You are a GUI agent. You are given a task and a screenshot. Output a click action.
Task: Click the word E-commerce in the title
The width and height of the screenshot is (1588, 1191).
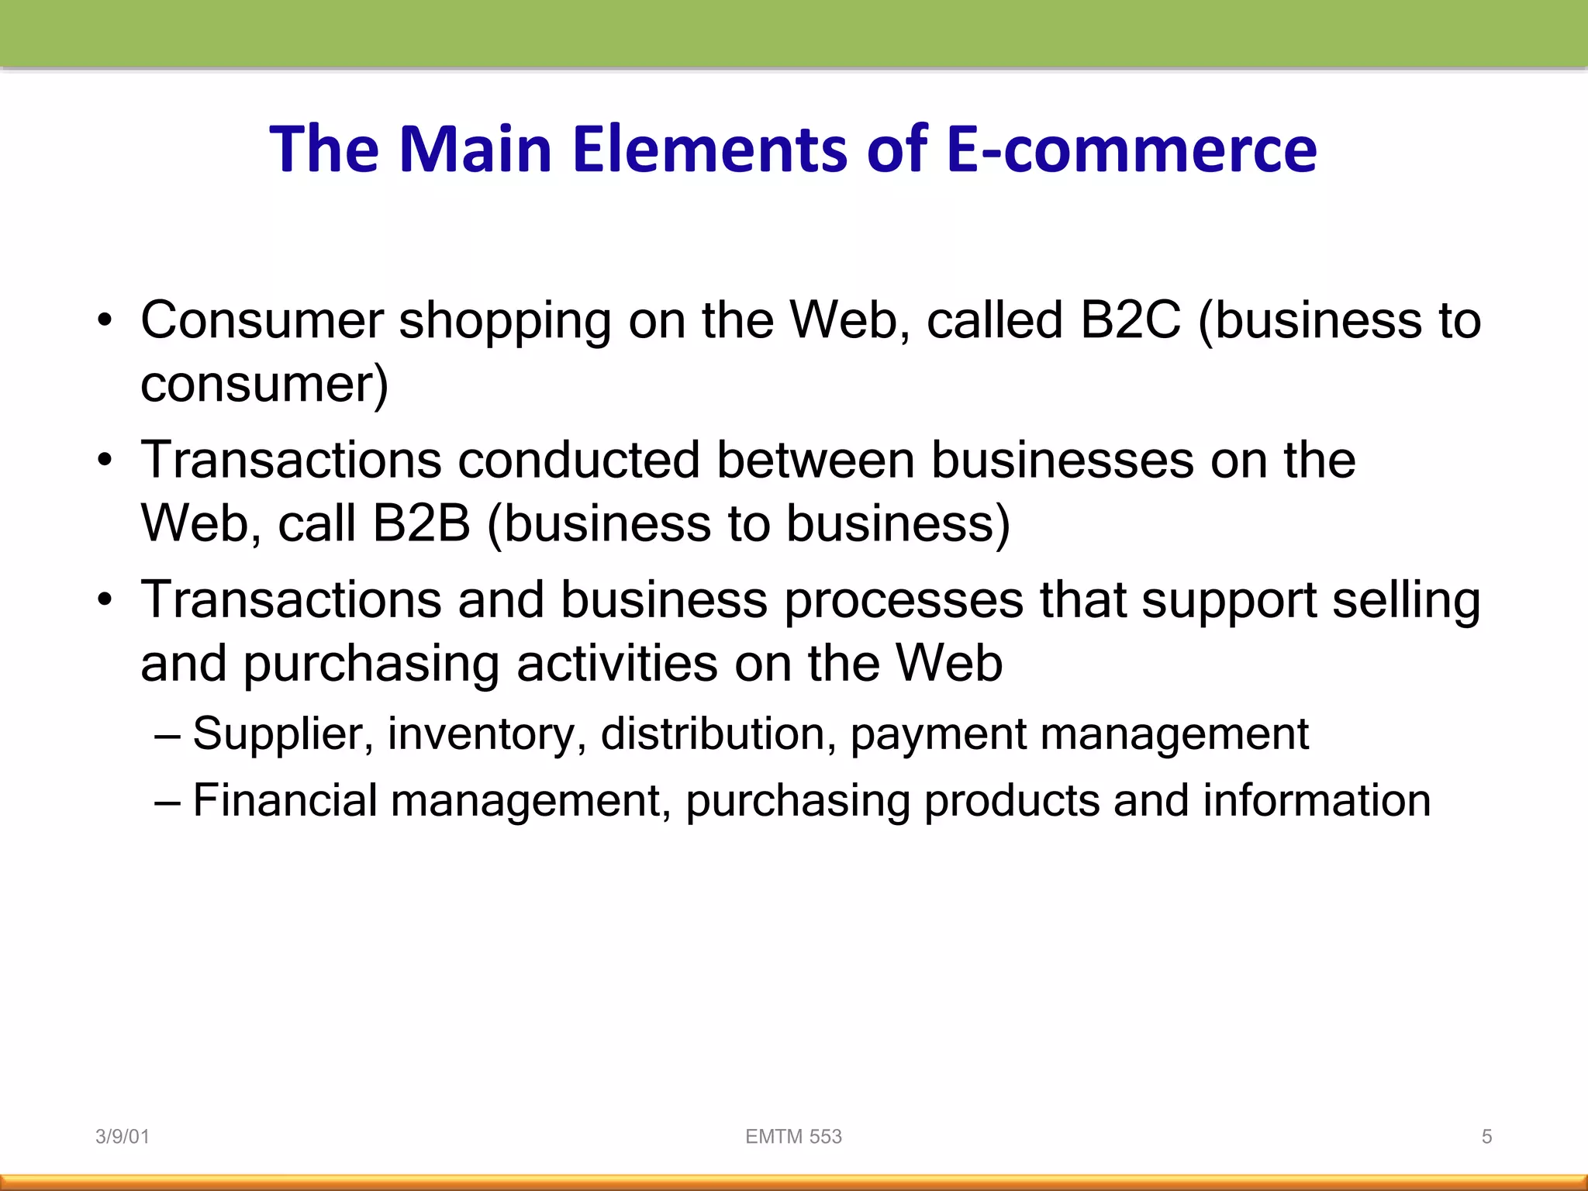[1131, 149]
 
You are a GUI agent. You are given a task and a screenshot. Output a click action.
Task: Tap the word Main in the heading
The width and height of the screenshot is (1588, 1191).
[475, 149]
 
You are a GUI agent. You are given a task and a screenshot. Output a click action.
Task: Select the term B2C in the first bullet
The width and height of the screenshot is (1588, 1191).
[1130, 319]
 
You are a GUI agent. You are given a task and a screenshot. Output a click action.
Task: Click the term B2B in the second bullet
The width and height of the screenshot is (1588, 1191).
[421, 523]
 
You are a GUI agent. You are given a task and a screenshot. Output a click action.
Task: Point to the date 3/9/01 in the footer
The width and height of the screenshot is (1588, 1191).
[122, 1137]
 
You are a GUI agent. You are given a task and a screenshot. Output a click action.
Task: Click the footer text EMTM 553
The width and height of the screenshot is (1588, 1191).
[793, 1137]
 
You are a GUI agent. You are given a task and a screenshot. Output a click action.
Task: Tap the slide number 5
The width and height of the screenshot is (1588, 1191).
[1486, 1137]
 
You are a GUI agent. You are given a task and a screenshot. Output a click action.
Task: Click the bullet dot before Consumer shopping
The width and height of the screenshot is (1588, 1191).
[105, 321]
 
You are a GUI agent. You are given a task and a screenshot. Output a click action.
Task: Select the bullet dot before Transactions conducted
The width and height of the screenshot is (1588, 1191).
[105, 461]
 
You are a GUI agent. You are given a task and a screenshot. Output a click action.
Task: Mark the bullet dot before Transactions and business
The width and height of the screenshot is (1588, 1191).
[105, 601]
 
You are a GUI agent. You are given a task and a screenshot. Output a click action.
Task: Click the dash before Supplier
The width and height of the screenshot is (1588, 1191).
[167, 734]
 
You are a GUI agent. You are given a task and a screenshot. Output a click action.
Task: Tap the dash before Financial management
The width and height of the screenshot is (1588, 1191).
[167, 801]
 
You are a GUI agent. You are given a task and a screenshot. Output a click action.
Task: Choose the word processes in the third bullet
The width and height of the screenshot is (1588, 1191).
[903, 602]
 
